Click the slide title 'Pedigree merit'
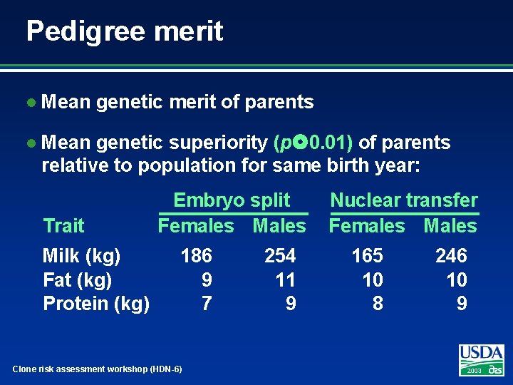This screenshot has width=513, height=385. click(125, 31)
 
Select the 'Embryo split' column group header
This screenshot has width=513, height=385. click(232, 200)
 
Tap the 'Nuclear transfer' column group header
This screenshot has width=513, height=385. click(404, 200)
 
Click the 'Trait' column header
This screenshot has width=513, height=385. click(63, 226)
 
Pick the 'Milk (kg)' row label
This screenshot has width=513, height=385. click(81, 255)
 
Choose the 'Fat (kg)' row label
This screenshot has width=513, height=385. click(78, 279)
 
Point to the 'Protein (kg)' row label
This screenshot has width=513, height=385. click(96, 304)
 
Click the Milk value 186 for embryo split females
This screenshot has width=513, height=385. click(196, 255)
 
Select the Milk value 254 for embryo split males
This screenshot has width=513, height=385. click(280, 255)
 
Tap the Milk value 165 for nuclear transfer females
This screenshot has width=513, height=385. click(367, 255)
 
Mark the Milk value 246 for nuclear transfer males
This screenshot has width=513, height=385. click(451, 255)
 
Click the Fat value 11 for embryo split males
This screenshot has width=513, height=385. click(285, 279)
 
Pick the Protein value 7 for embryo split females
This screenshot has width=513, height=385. click(206, 304)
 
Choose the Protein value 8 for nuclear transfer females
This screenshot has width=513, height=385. click(378, 304)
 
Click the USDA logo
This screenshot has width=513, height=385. click(482, 359)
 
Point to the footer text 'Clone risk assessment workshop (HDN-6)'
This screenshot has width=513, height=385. click(98, 369)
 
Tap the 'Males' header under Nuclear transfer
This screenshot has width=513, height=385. click(450, 226)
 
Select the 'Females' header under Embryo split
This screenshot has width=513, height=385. click(195, 226)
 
